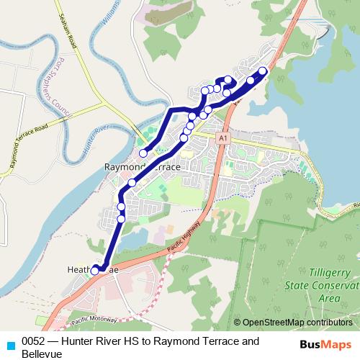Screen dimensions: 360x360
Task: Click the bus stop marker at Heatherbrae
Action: click(95, 270)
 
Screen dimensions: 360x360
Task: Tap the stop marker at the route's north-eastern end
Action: click(263, 71)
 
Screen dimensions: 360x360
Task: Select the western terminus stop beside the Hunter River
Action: click(143, 153)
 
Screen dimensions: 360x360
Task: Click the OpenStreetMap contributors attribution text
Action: click(297, 323)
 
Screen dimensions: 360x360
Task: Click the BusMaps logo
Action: click(324, 344)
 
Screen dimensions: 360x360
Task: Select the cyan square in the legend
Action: click(9, 345)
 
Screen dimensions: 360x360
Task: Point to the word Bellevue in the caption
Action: click(42, 354)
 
